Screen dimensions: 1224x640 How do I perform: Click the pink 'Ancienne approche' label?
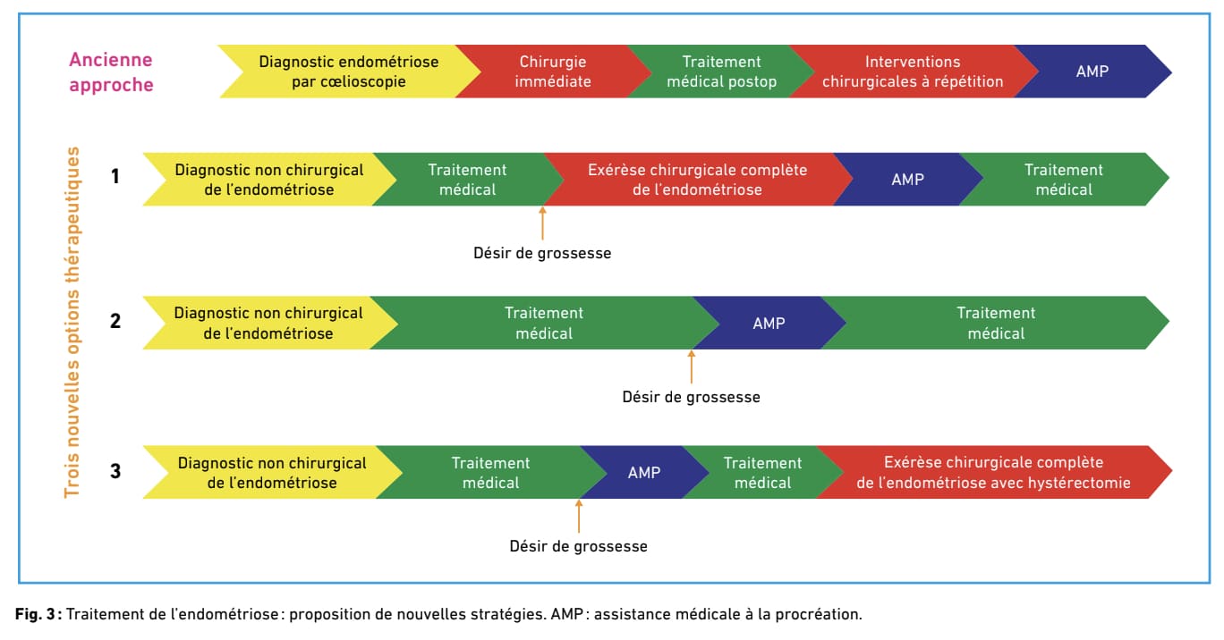(111, 72)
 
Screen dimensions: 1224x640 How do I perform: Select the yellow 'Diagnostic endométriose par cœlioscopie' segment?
(349, 72)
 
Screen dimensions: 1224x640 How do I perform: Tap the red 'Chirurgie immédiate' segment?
(553, 72)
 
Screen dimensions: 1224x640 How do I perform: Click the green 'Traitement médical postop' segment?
(721, 72)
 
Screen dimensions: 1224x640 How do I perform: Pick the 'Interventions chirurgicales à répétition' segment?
(913, 72)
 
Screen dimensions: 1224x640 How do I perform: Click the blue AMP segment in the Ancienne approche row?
(1092, 72)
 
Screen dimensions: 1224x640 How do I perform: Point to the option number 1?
(115, 176)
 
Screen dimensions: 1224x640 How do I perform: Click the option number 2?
(115, 321)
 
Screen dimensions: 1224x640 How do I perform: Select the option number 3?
(115, 471)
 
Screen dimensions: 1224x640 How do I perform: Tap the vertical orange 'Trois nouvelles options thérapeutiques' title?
(72, 322)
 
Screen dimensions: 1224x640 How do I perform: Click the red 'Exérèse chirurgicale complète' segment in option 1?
(697, 179)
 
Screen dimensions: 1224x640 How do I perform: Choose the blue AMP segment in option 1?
(907, 179)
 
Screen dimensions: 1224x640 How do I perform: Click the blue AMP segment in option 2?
(769, 323)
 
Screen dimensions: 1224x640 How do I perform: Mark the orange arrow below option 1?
(542, 223)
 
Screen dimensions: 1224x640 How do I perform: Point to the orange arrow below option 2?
(692, 366)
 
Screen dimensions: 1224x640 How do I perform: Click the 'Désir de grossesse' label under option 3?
(578, 546)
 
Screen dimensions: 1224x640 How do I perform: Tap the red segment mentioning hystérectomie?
(993, 472)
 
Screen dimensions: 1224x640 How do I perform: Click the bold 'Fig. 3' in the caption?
(35, 614)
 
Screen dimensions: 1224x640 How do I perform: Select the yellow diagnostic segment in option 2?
(268, 323)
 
